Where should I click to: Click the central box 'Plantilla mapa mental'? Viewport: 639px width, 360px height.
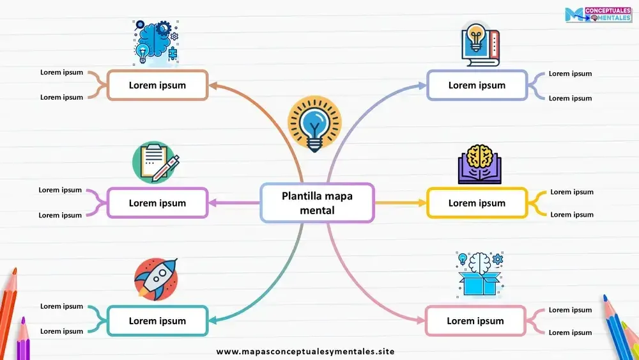click(x=317, y=203)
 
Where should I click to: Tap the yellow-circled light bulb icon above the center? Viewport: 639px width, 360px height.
click(x=314, y=125)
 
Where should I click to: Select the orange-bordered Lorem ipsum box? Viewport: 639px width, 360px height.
click(x=157, y=85)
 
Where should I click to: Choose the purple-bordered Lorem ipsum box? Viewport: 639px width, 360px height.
click(x=157, y=203)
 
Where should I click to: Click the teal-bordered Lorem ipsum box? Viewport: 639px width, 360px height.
click(x=157, y=321)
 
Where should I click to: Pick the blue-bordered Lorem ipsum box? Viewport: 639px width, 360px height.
click(x=477, y=85)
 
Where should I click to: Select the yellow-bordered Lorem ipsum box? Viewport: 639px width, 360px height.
click(x=477, y=203)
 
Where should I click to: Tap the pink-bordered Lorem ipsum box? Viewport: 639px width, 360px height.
click(x=475, y=321)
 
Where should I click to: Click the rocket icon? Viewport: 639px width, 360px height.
click(x=156, y=279)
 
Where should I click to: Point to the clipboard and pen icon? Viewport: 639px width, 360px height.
click(x=155, y=162)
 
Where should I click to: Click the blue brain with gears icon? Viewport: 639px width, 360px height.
click(x=156, y=42)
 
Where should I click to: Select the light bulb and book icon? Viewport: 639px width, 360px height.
click(x=479, y=45)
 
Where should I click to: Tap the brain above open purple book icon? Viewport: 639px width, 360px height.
click(x=479, y=164)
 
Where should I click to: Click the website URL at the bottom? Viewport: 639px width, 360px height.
click(x=305, y=352)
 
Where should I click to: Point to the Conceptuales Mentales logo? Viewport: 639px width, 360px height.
click(x=598, y=15)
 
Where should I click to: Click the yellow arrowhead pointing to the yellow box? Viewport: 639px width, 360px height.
click(x=422, y=203)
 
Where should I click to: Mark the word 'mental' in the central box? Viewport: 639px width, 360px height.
click(x=317, y=210)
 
